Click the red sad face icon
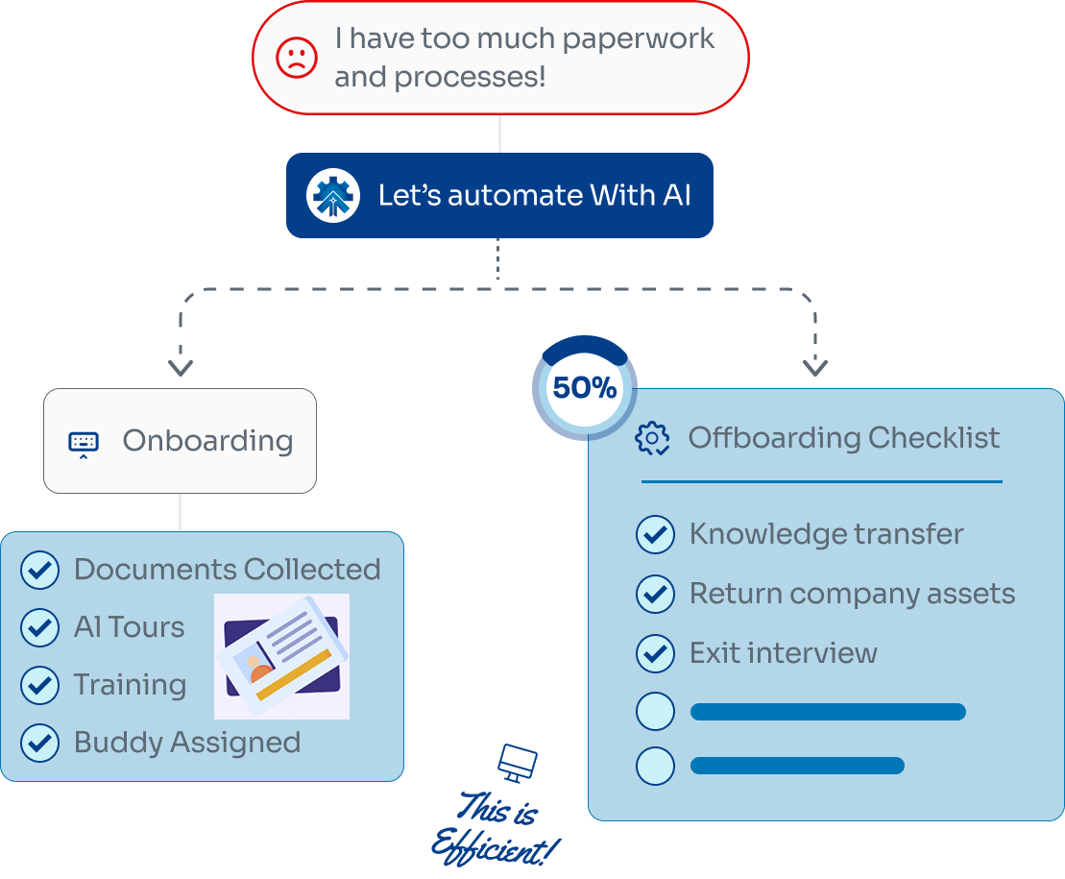[x=297, y=58]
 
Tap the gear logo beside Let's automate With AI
[x=333, y=195]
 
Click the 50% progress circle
[x=584, y=388]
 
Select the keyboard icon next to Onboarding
[x=84, y=443]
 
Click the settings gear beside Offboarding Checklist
[x=653, y=438]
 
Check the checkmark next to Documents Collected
[x=39, y=570]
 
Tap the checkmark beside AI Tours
[x=39, y=627]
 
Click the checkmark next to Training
[x=39, y=685]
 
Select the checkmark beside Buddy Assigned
[x=39, y=743]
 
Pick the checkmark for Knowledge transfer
[x=655, y=534]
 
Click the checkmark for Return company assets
[x=655, y=594]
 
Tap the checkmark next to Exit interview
[x=655, y=653]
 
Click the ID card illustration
[x=281, y=656]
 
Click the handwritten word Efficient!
[x=494, y=845]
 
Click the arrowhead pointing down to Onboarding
[x=181, y=367]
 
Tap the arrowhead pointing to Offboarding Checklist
[x=814, y=367]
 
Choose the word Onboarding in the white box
[x=207, y=441]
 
